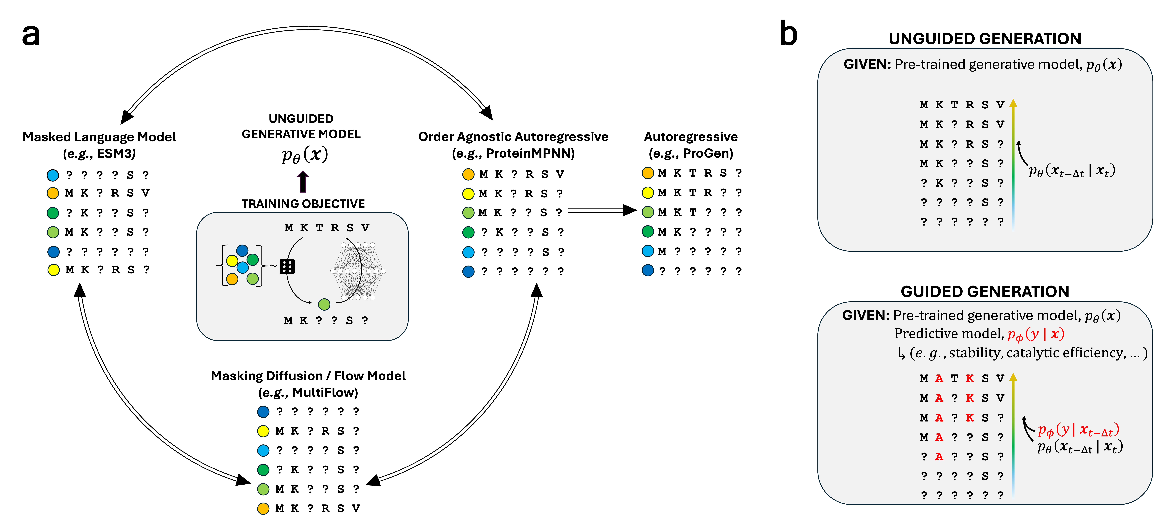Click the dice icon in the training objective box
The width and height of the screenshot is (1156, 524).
[287, 266]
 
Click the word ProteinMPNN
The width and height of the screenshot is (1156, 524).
[530, 153]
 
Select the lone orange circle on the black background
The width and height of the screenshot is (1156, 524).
[648, 173]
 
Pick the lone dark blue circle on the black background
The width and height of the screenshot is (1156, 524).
[648, 270]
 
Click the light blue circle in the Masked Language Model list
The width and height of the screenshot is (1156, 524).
[53, 175]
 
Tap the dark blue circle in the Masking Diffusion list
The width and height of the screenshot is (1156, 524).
[263, 411]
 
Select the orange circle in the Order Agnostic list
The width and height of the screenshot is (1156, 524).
[468, 174]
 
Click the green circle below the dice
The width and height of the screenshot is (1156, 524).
[324, 304]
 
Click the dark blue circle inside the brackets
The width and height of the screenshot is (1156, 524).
[242, 250]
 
